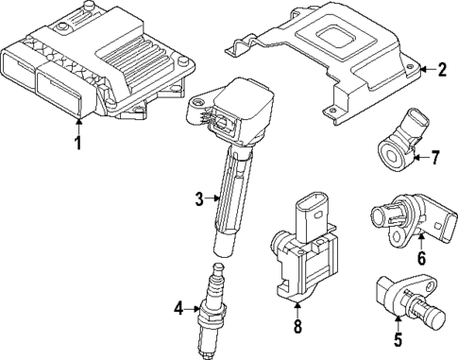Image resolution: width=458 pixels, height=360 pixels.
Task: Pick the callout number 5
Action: pyautogui.click(x=399, y=341)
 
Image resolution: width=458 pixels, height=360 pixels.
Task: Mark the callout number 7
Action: pyautogui.click(x=435, y=156)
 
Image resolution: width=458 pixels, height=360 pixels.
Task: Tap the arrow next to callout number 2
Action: pyautogui.click(x=426, y=69)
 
